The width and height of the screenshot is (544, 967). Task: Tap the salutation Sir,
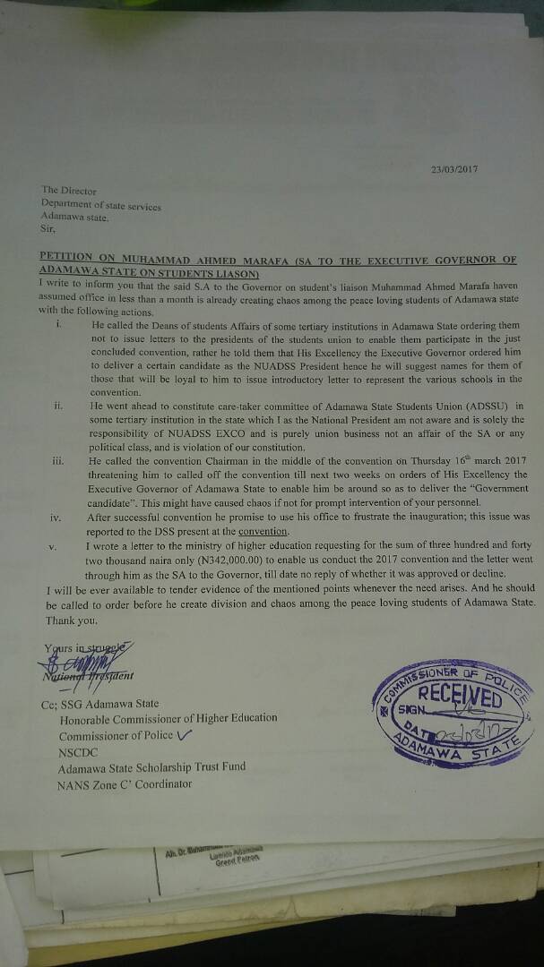48,228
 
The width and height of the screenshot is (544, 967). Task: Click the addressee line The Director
71,191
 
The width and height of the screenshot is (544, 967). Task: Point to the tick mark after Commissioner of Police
186,735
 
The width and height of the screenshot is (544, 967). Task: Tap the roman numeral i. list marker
57,324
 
